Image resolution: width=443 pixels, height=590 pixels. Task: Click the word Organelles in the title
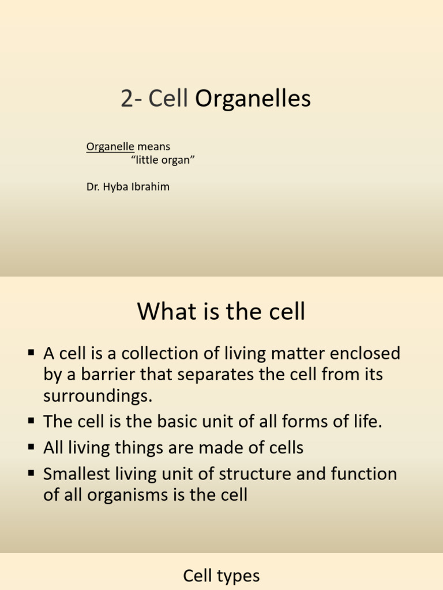[253, 100]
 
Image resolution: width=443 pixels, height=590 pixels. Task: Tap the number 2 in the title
[126, 100]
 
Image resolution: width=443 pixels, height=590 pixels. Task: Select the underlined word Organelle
[110, 147]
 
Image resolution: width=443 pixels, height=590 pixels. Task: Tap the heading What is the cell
[221, 312]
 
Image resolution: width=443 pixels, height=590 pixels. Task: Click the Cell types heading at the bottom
[221, 576]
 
